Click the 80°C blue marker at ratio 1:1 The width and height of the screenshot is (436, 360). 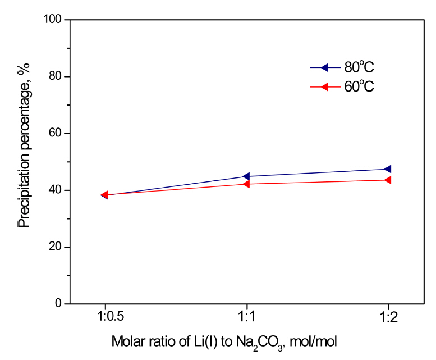point(246,176)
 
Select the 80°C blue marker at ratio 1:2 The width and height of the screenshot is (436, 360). point(387,169)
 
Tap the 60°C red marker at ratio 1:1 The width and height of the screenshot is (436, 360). point(246,184)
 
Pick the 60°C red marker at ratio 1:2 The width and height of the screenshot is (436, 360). point(387,180)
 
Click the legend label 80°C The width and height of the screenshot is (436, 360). point(359,67)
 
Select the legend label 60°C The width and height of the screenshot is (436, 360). point(359,86)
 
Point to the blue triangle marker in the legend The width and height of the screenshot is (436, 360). point(324,68)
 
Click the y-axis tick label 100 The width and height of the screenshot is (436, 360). point(53,20)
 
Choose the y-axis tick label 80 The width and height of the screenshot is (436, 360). point(56,77)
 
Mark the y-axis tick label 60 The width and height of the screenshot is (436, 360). point(56,134)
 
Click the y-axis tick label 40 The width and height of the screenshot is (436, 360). point(56,190)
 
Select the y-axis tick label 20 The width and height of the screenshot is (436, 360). point(56,247)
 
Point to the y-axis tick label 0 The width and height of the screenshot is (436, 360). point(58,304)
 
